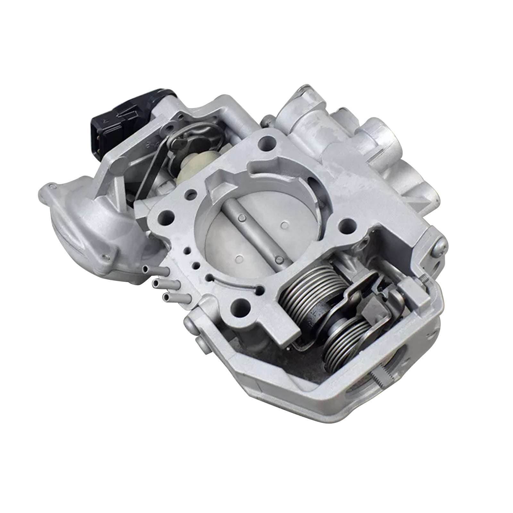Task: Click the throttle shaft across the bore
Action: (x=253, y=231)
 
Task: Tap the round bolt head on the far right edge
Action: (x=440, y=247)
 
